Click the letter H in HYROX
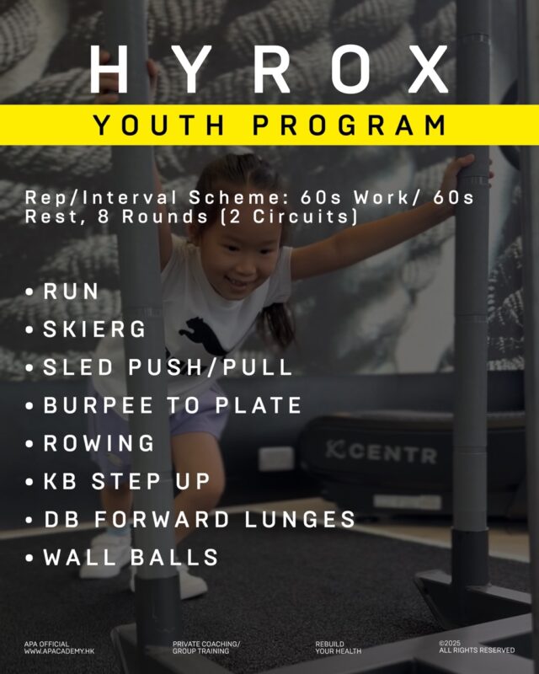[109, 69]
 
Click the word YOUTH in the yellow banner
[159, 125]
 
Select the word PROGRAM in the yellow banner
[350, 125]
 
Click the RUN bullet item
[71, 292]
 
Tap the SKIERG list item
[94, 329]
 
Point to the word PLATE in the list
[258, 405]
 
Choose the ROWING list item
[99, 443]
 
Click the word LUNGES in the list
[300, 519]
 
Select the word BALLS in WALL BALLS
[174, 557]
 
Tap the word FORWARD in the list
[162, 519]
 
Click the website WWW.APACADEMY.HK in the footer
[59, 651]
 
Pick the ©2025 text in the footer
[450, 644]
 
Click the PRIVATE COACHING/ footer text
[206, 644]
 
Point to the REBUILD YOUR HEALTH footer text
[339, 647]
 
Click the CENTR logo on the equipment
[381, 452]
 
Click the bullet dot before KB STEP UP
[29, 482]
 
